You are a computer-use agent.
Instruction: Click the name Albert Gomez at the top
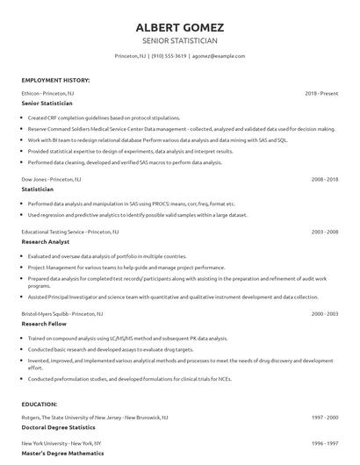[x=179, y=26]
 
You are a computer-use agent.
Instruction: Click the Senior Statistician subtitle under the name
[x=179, y=40]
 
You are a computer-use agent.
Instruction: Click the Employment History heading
[x=55, y=80]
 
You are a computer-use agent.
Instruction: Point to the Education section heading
[x=40, y=404]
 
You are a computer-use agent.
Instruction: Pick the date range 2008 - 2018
[x=324, y=178]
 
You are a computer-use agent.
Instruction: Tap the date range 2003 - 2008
[x=324, y=232]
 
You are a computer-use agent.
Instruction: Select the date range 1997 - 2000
[x=324, y=417]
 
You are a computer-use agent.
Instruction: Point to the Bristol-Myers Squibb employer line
[x=61, y=312]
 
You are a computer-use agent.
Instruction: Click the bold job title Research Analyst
[x=45, y=242]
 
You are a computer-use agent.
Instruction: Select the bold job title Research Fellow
[x=44, y=323]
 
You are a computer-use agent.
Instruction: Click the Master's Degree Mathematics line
[x=60, y=454]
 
